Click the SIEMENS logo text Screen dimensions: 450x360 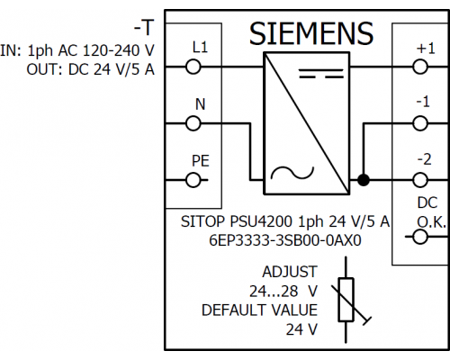pos(311,33)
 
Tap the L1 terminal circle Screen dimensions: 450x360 pos(193,67)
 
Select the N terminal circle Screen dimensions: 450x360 pos(193,123)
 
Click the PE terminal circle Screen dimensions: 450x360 pos(193,180)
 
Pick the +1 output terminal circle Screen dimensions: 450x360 pos(420,67)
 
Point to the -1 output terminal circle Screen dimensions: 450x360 pos(420,123)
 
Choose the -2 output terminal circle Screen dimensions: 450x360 pos(420,180)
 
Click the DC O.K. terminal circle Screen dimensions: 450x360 pos(420,237)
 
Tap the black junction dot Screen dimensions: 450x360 pos(364,180)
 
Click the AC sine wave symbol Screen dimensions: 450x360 pos(292,174)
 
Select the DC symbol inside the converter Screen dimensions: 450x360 pos(321,74)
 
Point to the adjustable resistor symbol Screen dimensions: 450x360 pos(346,300)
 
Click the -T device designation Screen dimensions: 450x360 pos(144,28)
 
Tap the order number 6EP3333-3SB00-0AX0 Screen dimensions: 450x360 pos(285,240)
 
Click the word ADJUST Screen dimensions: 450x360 pos(290,272)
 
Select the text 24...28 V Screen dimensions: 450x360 pos(283,291)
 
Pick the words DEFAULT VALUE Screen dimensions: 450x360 pos(259,310)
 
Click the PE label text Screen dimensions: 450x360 pos(201,161)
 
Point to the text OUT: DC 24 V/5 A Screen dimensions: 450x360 pos(90,69)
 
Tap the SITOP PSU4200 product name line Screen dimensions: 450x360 pos(285,221)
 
